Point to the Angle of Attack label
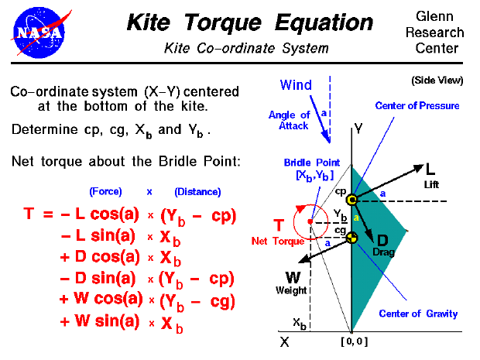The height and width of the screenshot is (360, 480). tap(290, 120)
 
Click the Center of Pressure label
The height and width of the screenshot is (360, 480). tap(417, 105)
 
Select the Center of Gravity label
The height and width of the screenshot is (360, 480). tap(418, 314)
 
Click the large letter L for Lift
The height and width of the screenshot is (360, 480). tap(431, 168)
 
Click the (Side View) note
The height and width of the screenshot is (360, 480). tap(437, 80)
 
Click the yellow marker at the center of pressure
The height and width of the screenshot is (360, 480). tap(352, 200)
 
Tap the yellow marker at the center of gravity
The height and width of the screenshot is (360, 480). tap(352, 237)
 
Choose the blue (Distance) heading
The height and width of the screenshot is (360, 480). tap(197, 191)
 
